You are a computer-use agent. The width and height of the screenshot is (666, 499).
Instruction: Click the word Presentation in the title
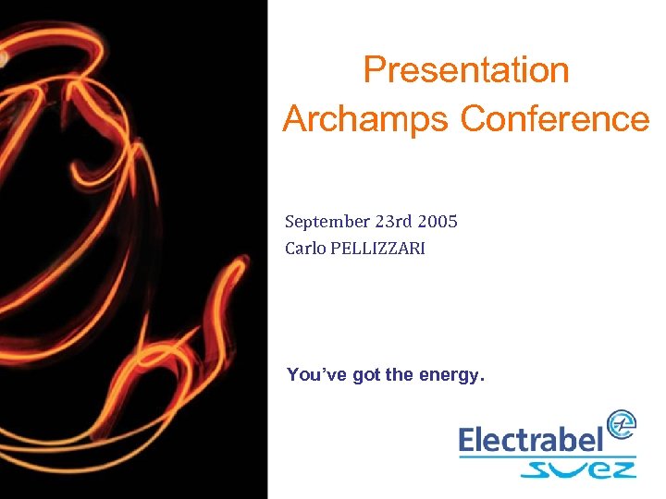[465, 71]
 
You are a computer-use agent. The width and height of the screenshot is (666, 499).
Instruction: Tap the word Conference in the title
[555, 118]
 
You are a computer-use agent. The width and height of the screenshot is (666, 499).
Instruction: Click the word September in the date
[327, 222]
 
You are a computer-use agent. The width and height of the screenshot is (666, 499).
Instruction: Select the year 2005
[437, 222]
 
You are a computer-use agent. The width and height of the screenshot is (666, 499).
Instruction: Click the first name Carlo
[304, 248]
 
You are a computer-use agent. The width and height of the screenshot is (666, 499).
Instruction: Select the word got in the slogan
[366, 375]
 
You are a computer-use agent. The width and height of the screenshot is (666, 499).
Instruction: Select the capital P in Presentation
[374, 71]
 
